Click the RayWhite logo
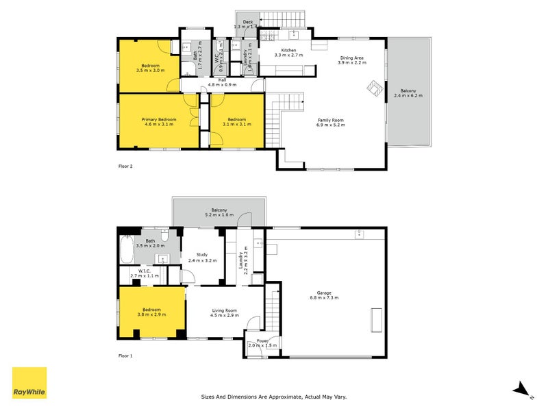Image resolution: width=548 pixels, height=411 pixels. (x=29, y=383)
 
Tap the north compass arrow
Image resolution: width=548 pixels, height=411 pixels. (x=522, y=388)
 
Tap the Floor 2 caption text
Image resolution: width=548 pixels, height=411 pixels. (x=125, y=166)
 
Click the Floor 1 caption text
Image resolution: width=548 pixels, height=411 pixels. (x=125, y=356)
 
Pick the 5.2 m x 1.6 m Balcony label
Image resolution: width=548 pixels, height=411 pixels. (x=219, y=212)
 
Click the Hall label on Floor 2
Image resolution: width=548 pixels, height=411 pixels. (x=222, y=82)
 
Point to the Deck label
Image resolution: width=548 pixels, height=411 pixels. (x=247, y=23)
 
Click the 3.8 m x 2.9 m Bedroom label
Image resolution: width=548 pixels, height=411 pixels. (x=151, y=311)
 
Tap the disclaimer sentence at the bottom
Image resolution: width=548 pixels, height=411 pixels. (x=273, y=396)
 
